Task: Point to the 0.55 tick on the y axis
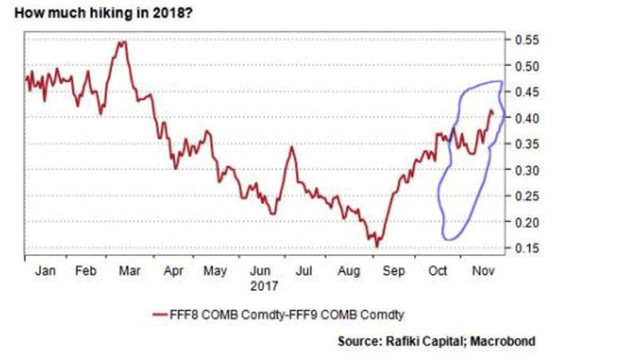[x=526, y=39]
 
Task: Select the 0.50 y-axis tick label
[x=526, y=65]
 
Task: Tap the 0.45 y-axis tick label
[x=526, y=92]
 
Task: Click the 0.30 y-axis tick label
[x=526, y=170]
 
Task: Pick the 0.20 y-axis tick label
[x=526, y=223]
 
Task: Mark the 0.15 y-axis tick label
[x=526, y=249]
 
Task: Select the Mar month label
[x=129, y=271]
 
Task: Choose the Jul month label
[x=304, y=271]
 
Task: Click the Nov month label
[x=480, y=271]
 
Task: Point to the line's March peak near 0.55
[x=121, y=42]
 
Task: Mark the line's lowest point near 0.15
[x=377, y=246]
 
